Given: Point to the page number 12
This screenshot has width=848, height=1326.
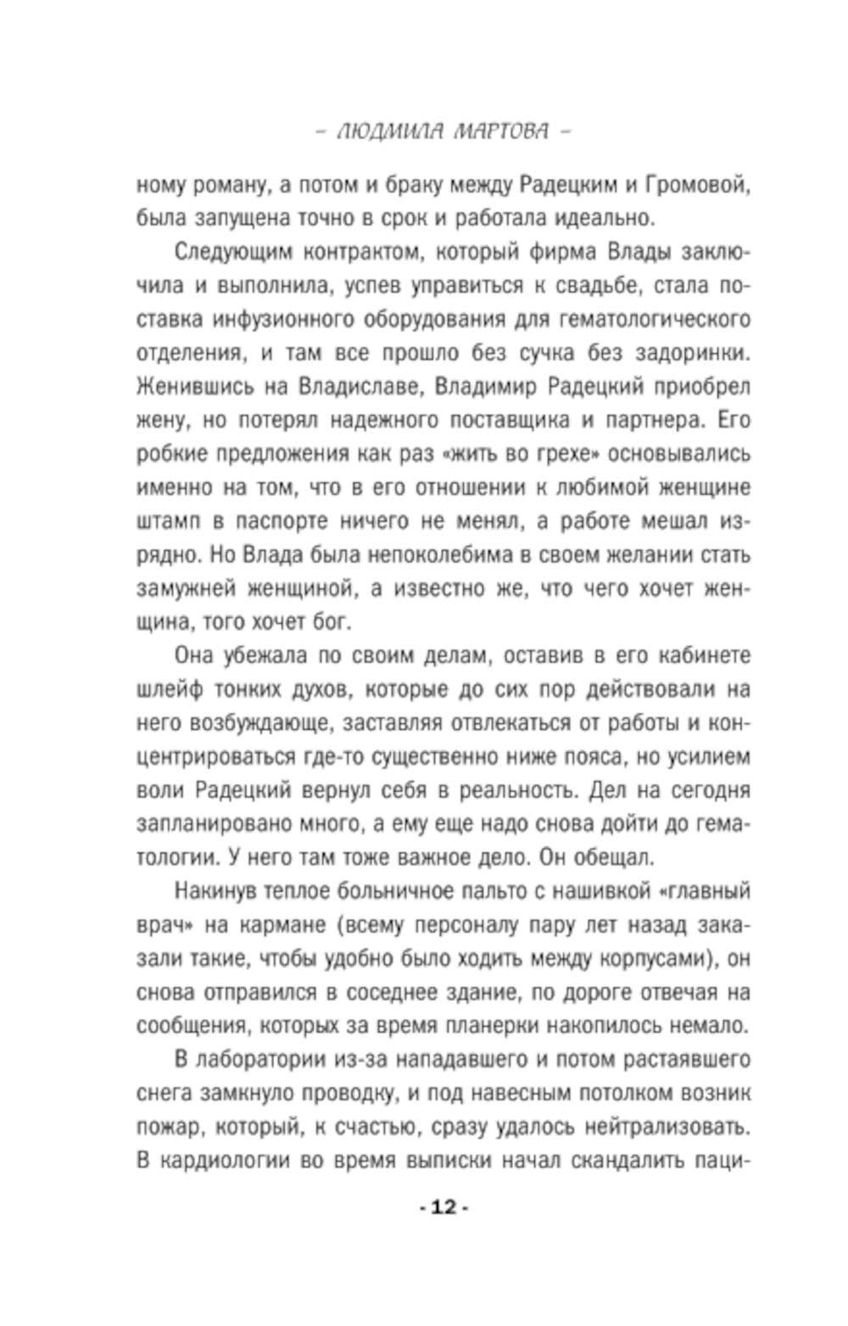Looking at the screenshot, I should pyautogui.click(x=444, y=1207).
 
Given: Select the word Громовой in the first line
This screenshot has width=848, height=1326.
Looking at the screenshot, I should pyautogui.click(x=696, y=184).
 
